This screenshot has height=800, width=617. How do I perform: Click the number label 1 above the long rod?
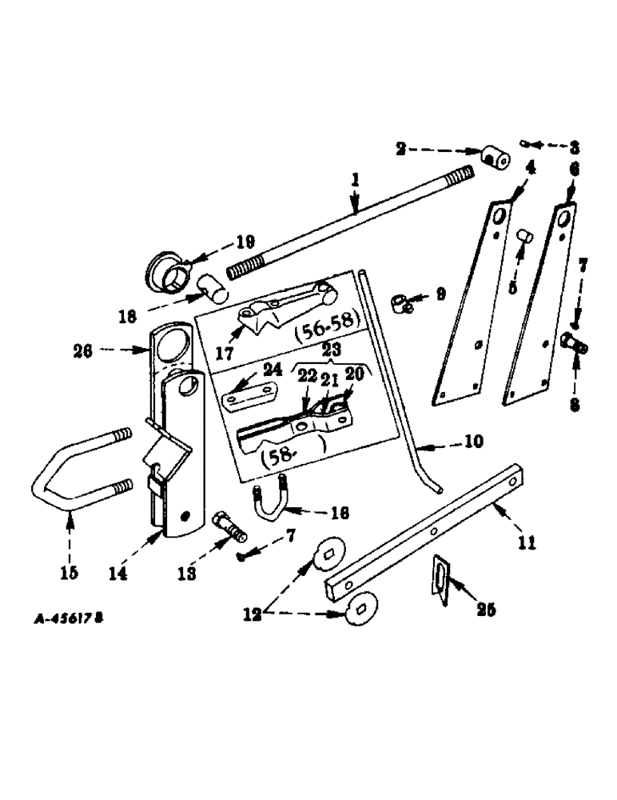[x=355, y=183]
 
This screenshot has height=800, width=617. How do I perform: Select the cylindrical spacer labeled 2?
[x=496, y=158]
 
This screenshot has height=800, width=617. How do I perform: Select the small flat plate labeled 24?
[x=249, y=396]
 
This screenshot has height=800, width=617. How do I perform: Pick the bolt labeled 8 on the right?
[x=575, y=346]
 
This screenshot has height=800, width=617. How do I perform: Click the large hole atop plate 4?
[x=498, y=218]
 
